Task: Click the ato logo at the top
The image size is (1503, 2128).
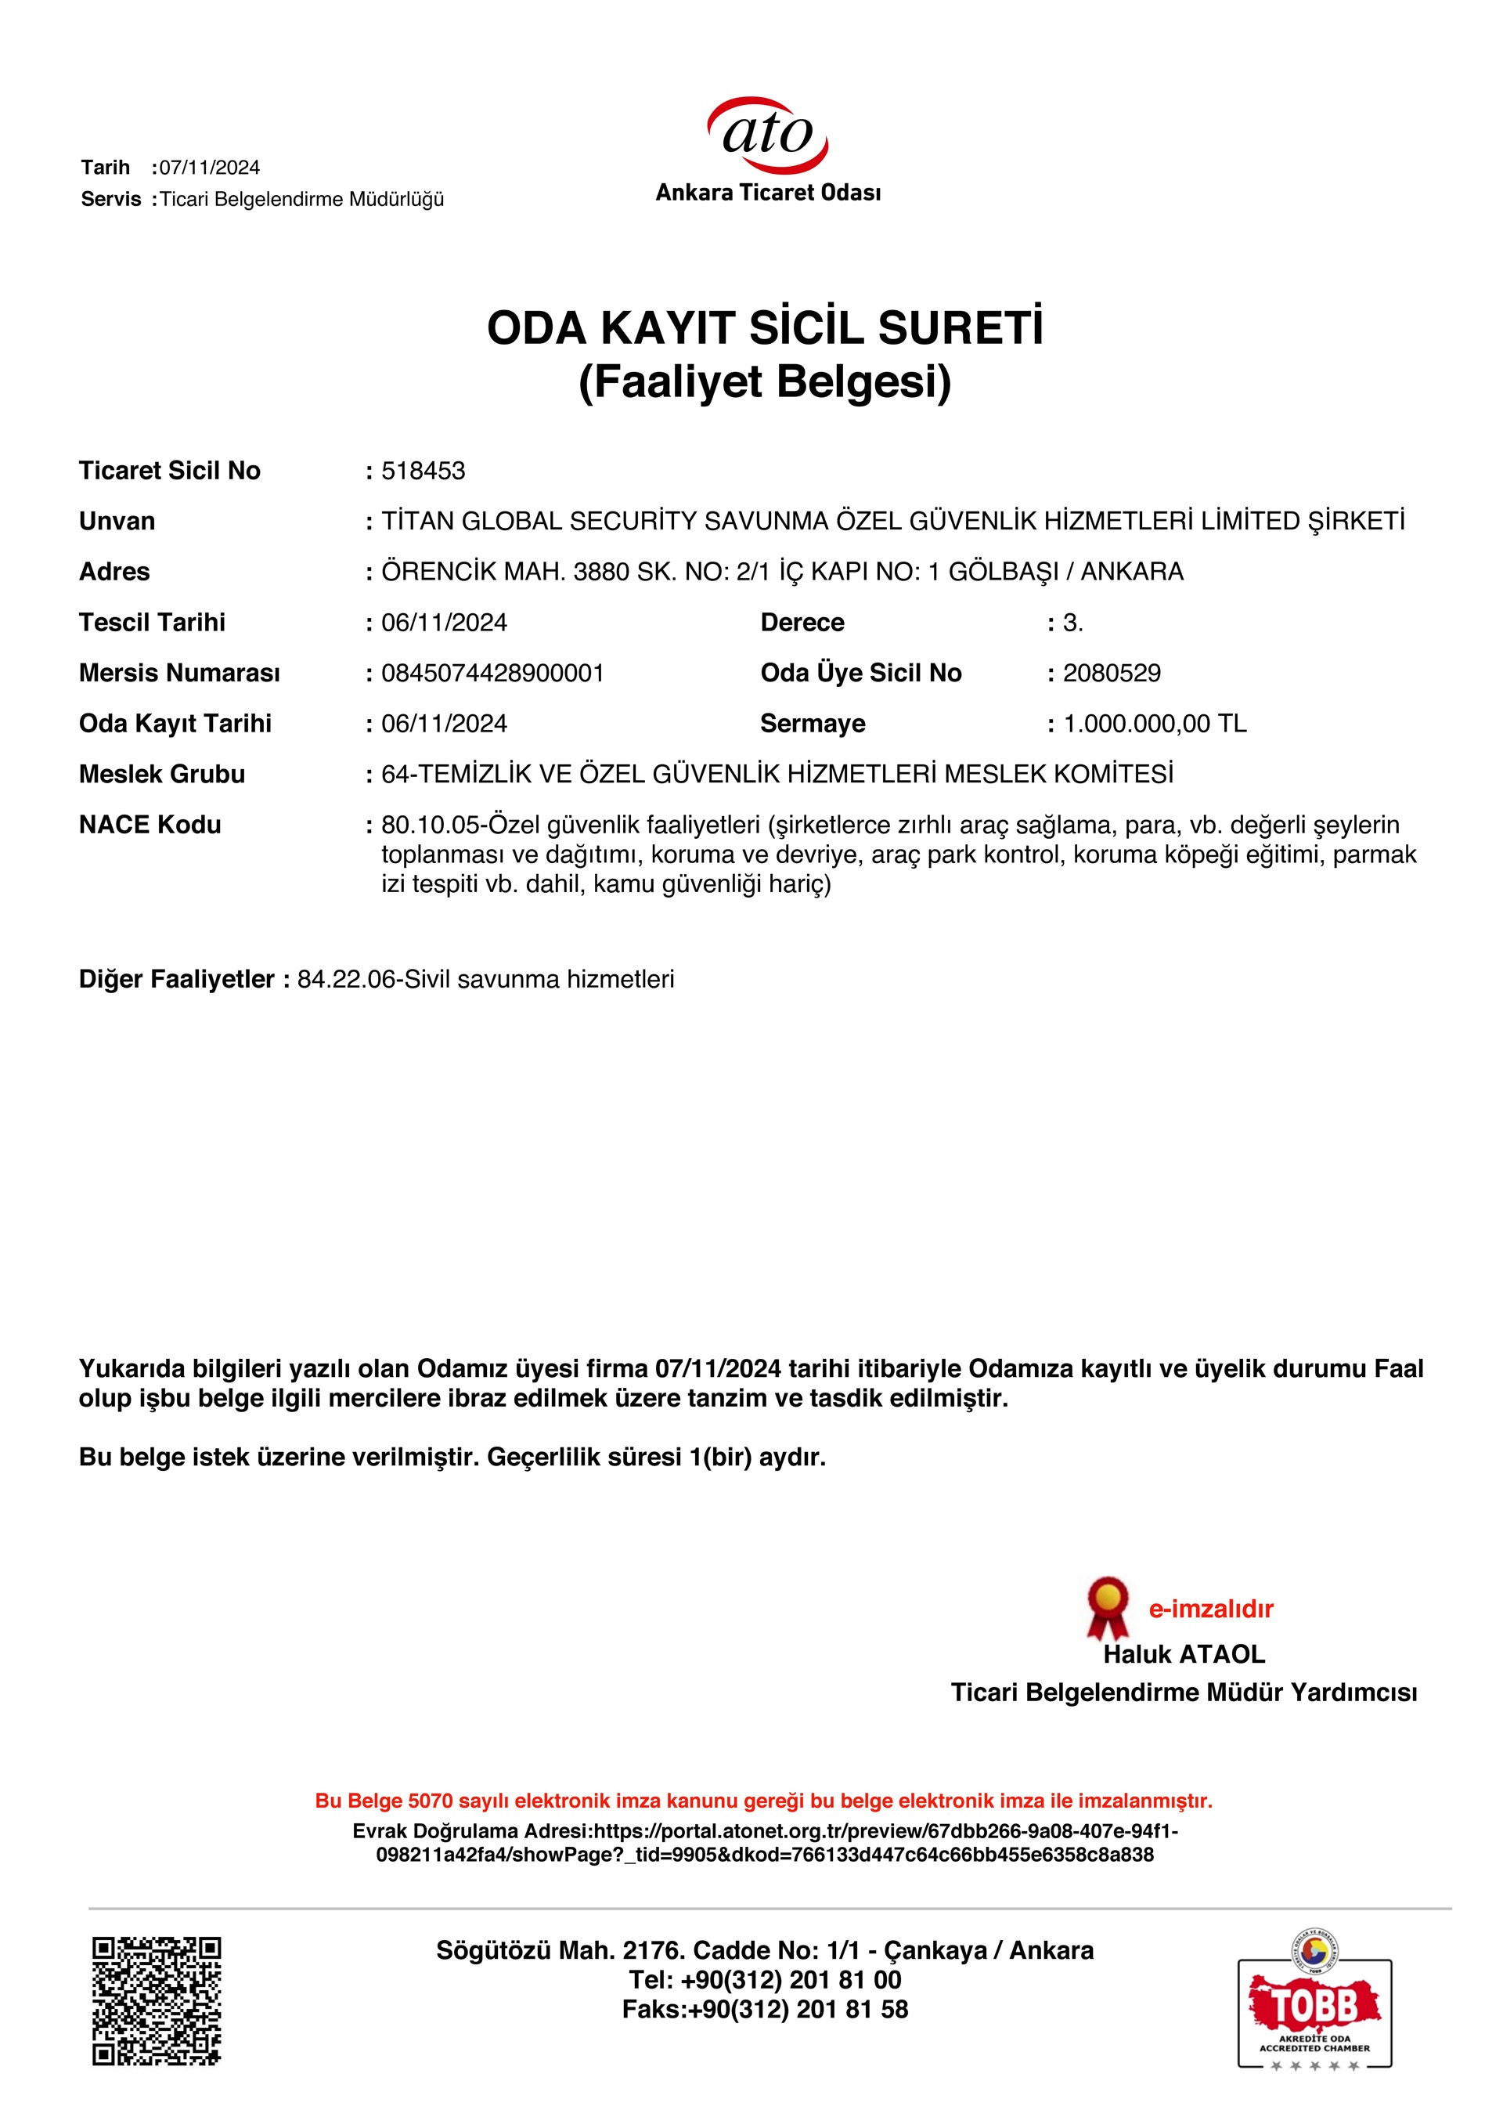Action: tap(767, 137)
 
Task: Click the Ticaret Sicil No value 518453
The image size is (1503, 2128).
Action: tap(424, 471)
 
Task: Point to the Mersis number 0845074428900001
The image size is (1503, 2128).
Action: tap(492, 673)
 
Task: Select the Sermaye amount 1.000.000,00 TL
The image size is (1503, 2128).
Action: tap(1155, 724)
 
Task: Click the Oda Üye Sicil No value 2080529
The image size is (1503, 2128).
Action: tap(1111, 673)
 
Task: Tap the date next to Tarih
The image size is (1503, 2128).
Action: tap(210, 168)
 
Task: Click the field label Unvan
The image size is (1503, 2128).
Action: tap(117, 522)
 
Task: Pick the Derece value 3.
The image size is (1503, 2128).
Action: tap(1072, 623)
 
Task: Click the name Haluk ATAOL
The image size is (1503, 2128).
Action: tap(1184, 1654)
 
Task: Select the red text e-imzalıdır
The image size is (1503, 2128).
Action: tap(1210, 1609)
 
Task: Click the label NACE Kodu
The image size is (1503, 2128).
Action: tap(150, 825)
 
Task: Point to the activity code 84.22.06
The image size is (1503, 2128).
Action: tap(347, 980)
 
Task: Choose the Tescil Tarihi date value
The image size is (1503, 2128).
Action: tap(444, 623)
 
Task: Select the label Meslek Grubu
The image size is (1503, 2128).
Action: tap(162, 774)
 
